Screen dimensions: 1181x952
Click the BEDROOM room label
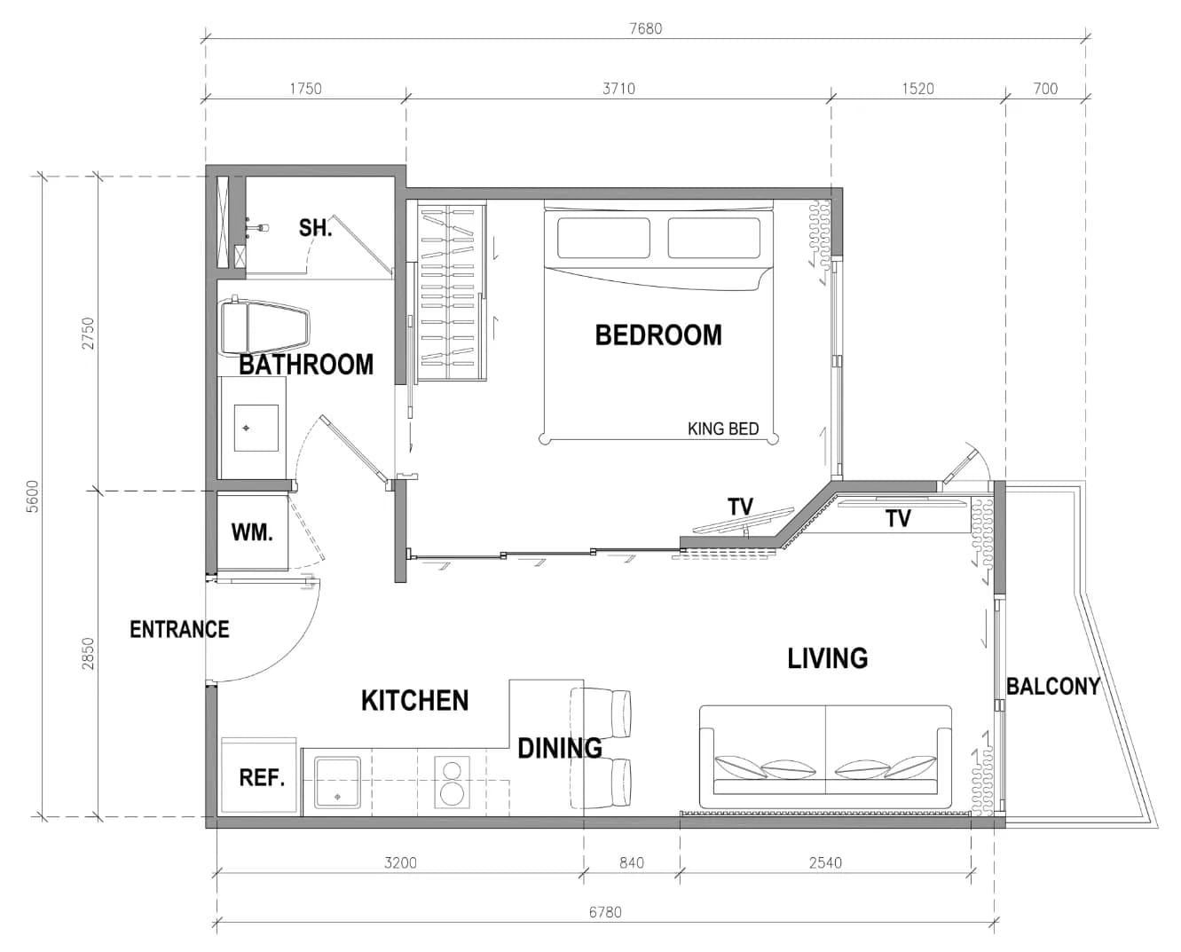658,335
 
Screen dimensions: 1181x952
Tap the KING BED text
723,429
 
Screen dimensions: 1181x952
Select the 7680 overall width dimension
645,28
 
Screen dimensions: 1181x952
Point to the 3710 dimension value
618,89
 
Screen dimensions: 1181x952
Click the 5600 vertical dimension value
34,497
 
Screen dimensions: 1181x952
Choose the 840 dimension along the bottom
631,863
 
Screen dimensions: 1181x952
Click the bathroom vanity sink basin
256,428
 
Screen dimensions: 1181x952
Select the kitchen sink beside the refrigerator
337,783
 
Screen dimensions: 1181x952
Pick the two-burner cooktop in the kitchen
453,783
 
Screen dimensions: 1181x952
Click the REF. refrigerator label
262,777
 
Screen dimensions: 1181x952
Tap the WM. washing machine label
252,532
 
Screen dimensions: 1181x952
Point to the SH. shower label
316,227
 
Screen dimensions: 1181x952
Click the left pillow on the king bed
603,238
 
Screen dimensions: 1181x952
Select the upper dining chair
601,712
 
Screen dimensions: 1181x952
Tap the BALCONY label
1053,686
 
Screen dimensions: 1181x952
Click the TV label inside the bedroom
740,507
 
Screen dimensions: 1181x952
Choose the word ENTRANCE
179,629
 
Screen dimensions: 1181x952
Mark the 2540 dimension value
825,863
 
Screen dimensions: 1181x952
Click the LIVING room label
828,658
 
